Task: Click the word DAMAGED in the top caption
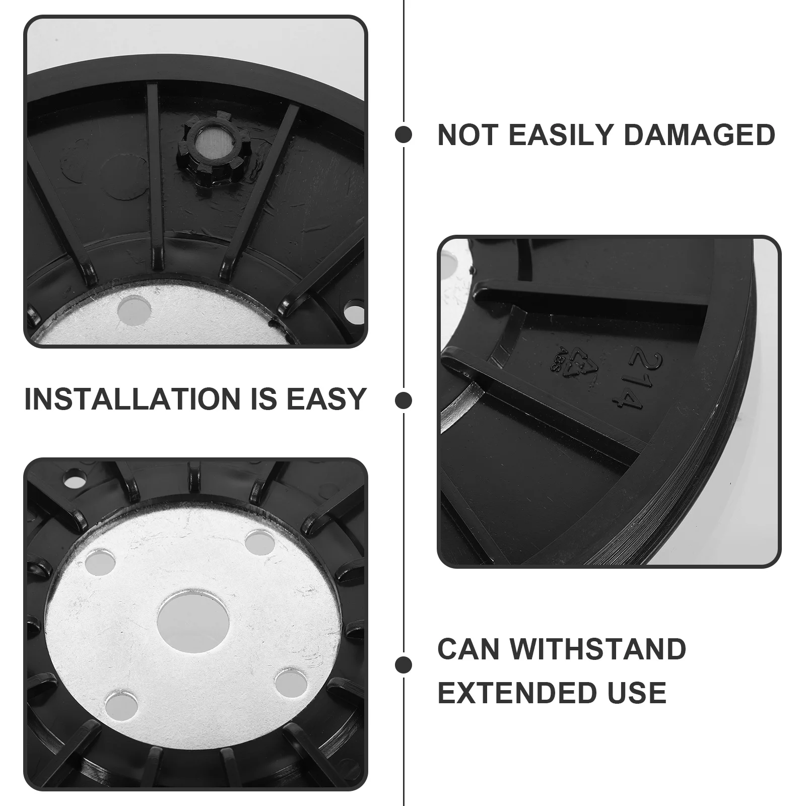[x=699, y=135]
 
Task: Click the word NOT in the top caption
[x=468, y=135]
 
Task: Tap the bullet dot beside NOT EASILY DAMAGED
[x=404, y=135]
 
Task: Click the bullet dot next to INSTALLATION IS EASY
[x=404, y=401]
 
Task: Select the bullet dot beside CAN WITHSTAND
[x=404, y=664]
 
